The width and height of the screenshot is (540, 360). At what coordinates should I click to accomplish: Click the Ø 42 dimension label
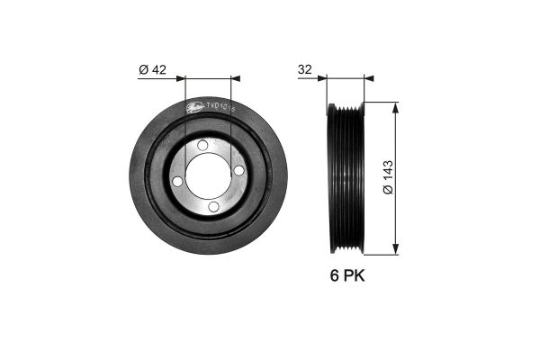152,68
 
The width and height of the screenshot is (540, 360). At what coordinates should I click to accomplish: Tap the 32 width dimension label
306,68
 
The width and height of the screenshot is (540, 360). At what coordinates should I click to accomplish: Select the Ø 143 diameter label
387,178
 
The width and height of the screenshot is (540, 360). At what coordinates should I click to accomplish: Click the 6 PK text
346,275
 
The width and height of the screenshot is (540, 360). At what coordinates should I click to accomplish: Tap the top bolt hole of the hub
202,145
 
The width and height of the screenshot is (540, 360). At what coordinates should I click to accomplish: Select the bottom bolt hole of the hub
213,206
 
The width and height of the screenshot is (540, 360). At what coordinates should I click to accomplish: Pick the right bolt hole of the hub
238,170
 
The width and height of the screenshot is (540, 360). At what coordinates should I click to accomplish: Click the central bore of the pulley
208,175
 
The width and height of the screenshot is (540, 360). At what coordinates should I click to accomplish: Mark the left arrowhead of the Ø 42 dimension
189,78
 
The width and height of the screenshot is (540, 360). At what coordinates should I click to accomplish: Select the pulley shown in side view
346,177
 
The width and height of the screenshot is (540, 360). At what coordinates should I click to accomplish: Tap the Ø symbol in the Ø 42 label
143,68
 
